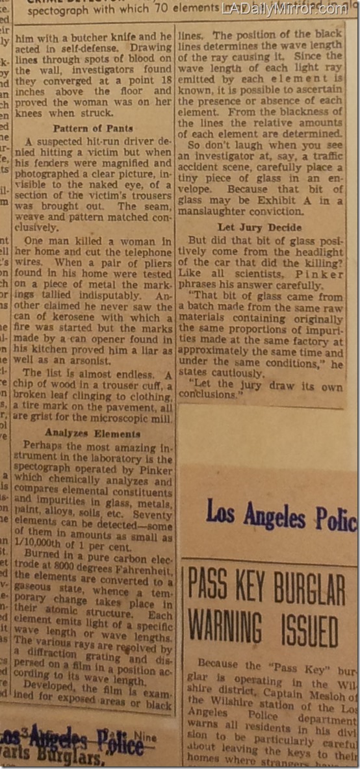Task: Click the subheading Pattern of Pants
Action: tap(93, 129)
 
